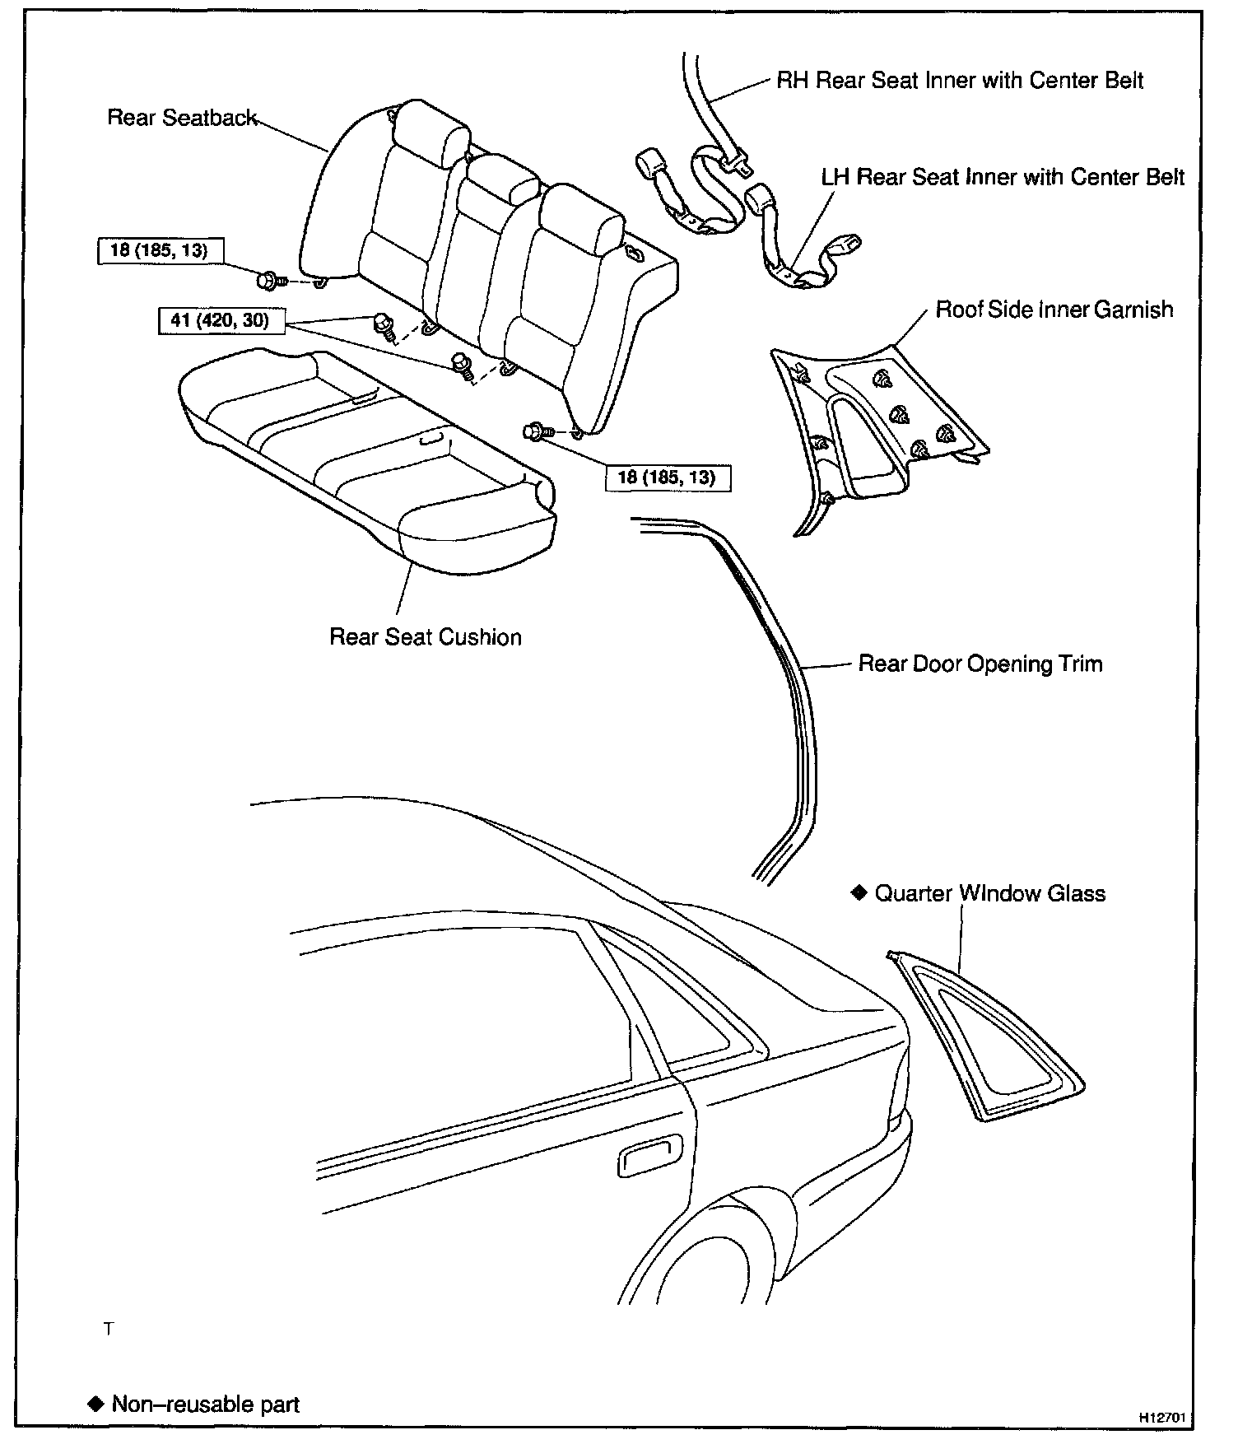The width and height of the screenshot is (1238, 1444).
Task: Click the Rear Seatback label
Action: click(182, 118)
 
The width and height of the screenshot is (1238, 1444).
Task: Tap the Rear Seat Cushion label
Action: click(425, 637)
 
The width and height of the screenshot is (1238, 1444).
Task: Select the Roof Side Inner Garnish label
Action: click(1054, 310)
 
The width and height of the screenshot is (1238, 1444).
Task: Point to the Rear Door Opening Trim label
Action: click(980, 664)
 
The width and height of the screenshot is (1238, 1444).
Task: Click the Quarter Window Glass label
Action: click(989, 893)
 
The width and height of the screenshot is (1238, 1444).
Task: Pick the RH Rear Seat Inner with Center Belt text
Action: click(960, 81)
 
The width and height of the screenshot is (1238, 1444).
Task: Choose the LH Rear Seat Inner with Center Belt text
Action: click(1003, 177)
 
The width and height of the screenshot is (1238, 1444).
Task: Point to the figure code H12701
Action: click(1161, 1417)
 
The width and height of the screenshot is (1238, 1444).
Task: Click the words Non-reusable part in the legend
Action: click(205, 1404)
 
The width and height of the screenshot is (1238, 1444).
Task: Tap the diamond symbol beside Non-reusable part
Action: click(95, 1403)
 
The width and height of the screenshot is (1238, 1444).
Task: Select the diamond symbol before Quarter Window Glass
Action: click(859, 892)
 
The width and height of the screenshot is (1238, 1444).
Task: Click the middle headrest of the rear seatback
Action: click(501, 179)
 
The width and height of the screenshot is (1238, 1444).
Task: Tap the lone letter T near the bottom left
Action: click(108, 1330)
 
